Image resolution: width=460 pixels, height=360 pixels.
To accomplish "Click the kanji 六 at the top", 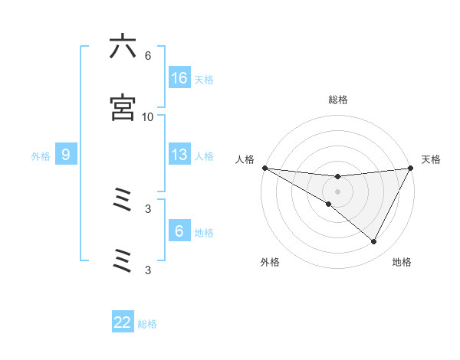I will pyautogui.click(x=123, y=47).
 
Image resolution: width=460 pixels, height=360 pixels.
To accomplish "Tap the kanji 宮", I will pyautogui.click(x=123, y=108).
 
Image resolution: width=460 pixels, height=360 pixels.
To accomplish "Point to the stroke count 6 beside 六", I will pyautogui.click(x=148, y=56).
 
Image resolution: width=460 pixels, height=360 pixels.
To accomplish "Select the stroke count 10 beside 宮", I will pyautogui.click(x=147, y=117).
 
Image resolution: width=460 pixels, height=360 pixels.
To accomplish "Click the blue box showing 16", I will pyautogui.click(x=179, y=78).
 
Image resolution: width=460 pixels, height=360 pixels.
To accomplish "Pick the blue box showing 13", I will pyautogui.click(x=179, y=155).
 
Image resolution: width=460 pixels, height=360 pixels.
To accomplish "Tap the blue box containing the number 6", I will pyautogui.click(x=179, y=231).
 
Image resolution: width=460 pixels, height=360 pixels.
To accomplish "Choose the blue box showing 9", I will pyautogui.click(x=66, y=155).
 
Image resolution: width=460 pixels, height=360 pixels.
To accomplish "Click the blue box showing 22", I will pyautogui.click(x=123, y=322).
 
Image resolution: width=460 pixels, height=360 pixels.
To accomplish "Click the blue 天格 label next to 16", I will pyautogui.click(x=204, y=79).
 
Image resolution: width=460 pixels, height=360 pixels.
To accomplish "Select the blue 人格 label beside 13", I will pyautogui.click(x=204, y=155).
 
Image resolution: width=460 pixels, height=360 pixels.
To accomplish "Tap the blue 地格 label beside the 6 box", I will pyautogui.click(x=204, y=232).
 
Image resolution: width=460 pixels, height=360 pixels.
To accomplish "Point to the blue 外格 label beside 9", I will pyautogui.click(x=41, y=155).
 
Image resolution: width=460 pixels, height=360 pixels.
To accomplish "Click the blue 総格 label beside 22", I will pyautogui.click(x=147, y=323).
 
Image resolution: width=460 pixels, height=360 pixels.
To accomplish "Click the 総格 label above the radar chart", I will pyautogui.click(x=337, y=100).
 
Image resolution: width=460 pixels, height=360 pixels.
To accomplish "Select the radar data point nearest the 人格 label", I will pyautogui.click(x=264, y=168).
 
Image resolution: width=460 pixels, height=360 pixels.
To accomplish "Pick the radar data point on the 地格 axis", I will pyautogui.click(x=374, y=242).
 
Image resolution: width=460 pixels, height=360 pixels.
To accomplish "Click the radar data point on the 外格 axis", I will pyautogui.click(x=329, y=204).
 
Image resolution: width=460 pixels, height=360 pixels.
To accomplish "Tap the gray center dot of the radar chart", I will pyautogui.click(x=337, y=191).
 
